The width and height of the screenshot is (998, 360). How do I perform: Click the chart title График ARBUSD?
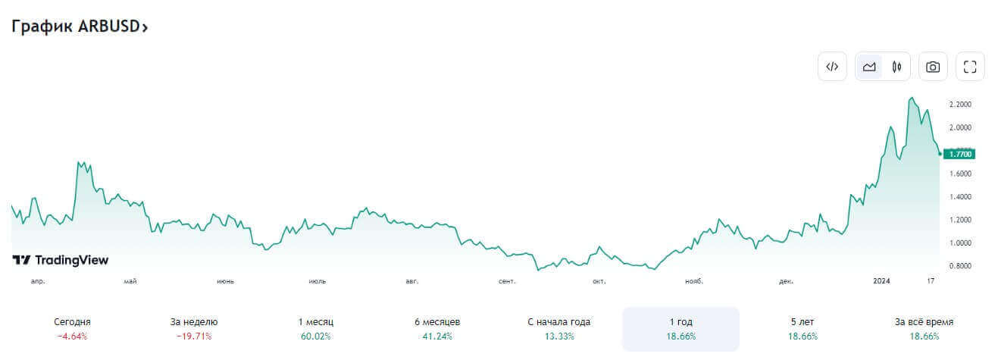(79, 27)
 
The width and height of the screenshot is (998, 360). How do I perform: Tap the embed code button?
(831, 67)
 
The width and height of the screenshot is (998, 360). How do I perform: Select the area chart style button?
(869, 67)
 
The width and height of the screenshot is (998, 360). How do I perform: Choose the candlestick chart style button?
(896, 67)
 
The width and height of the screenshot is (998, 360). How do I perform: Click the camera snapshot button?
(933, 67)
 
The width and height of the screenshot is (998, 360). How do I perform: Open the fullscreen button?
(970, 67)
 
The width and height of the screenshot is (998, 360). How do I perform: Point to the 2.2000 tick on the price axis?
(960, 104)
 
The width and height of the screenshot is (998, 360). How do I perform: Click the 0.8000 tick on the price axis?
(960, 266)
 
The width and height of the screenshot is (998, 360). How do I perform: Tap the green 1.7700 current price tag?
(961, 154)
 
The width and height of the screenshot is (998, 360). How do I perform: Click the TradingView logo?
(61, 260)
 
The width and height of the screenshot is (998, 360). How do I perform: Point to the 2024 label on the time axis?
(881, 281)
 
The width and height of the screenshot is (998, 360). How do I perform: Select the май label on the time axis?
(130, 281)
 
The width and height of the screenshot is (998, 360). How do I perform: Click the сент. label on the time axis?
(507, 281)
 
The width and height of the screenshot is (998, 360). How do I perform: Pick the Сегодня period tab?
(73, 328)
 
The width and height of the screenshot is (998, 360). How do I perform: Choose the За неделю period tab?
(194, 328)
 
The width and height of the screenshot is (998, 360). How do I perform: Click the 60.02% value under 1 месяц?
(315, 336)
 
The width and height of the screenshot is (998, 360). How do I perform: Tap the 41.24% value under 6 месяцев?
(437, 336)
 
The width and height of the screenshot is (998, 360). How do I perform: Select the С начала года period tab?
(558, 328)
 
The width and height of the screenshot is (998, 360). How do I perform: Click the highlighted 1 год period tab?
(680, 328)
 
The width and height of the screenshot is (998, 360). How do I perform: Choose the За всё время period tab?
(924, 328)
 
